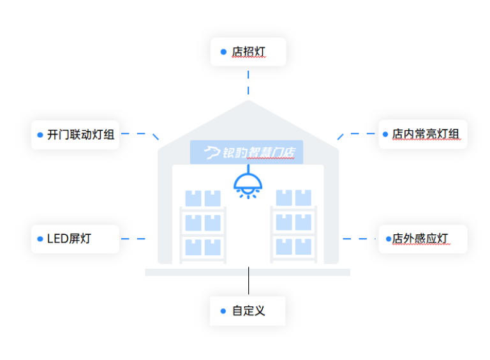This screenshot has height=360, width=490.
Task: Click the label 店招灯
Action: (x=248, y=52)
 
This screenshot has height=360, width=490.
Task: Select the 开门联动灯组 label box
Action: (x=75, y=134)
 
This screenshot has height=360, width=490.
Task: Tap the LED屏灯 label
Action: (x=75, y=239)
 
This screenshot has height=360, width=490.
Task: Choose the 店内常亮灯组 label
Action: (x=423, y=134)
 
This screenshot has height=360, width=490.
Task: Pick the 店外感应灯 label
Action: (x=423, y=239)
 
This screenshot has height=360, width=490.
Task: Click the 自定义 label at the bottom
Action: (x=248, y=311)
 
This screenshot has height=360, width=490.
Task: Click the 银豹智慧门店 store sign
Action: (x=246, y=153)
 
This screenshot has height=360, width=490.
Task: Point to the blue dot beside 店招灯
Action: (x=223, y=52)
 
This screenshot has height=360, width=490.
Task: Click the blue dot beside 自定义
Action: (x=223, y=311)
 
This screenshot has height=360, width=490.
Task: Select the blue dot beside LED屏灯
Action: (x=40, y=239)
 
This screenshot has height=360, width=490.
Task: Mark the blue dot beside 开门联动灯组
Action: (x=40, y=134)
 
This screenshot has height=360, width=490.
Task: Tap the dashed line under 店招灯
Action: (x=248, y=82)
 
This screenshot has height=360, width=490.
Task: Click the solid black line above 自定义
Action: (x=248, y=281)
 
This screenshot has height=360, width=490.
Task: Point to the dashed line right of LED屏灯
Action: (x=134, y=239)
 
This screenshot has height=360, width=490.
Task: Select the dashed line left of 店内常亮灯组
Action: (x=357, y=134)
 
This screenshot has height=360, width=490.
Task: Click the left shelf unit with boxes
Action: (x=202, y=226)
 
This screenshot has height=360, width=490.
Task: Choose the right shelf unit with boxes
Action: (x=293, y=226)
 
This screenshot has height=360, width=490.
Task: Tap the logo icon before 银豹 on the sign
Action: (x=212, y=153)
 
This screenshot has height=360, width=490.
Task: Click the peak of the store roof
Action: (x=248, y=102)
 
